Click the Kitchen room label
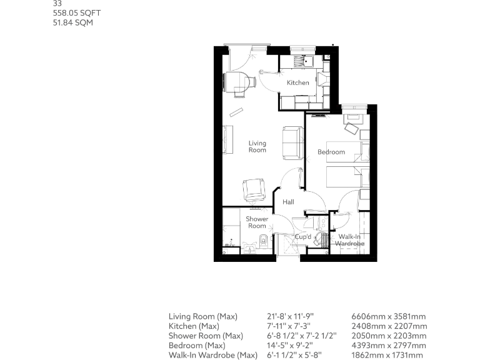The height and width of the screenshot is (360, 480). (x=297, y=82)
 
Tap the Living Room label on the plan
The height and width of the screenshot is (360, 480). (x=257, y=146)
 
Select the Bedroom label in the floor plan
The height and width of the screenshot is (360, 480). (x=331, y=152)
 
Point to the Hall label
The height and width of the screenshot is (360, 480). (x=288, y=202)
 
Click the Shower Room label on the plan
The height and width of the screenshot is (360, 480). (x=256, y=222)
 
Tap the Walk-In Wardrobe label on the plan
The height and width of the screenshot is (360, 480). (x=349, y=240)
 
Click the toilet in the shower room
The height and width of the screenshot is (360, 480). (x=263, y=241)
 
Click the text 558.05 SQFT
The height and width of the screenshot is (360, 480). (x=76, y=12)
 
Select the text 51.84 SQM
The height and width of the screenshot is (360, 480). (x=74, y=22)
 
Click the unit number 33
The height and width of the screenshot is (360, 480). (x=57, y=3)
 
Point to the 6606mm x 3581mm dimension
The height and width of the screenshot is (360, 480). (x=389, y=317)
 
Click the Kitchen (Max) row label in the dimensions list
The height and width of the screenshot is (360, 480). (x=193, y=326)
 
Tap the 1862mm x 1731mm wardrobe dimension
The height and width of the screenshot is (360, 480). (x=387, y=355)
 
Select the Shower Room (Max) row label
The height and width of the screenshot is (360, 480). (x=206, y=336)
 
